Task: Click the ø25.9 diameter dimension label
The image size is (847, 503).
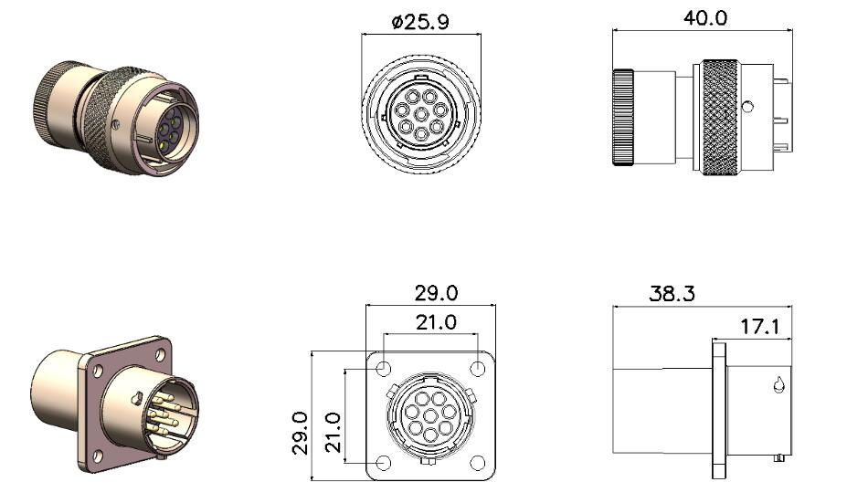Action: pos(420,22)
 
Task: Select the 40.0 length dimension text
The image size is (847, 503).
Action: pos(705,18)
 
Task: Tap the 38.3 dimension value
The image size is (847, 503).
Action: pos(672,294)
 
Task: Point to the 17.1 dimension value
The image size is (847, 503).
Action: pos(759,327)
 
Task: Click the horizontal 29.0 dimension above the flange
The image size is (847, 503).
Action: pos(436,293)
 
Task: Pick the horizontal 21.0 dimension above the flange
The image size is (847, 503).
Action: pos(436,323)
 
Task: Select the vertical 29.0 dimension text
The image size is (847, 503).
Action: pos(300,433)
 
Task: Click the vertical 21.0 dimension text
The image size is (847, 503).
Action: pos(333,433)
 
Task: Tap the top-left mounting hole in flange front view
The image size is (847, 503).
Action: pos(383,369)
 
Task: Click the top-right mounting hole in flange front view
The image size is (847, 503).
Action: pos(478,369)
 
